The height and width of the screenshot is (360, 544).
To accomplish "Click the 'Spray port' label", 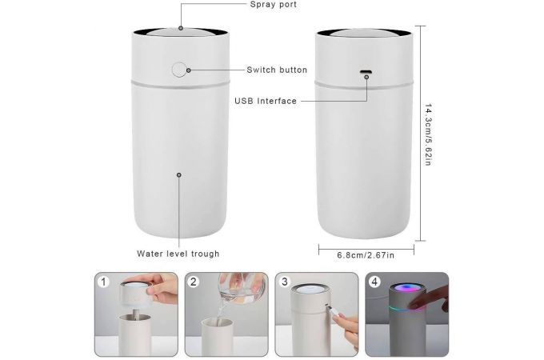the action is coord(274,5).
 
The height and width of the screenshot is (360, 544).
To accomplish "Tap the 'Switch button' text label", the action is coord(277,70).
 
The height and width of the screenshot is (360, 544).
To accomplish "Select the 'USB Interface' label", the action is coord(266,101).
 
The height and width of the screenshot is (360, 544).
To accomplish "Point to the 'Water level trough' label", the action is coord(178,254).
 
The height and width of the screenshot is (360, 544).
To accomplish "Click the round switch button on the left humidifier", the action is coord(179,70).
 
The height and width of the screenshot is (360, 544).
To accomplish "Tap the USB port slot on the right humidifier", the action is coord(366,72).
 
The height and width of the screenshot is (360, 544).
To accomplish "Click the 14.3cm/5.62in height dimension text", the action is coord(428,134).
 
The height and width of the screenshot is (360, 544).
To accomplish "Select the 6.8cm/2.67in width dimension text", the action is coord(366,255).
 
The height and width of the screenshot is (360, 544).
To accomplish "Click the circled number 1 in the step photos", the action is coord(103,282).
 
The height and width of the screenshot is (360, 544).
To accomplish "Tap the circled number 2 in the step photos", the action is coord(194,282).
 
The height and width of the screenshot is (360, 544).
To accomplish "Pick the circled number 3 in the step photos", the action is coord(285,282).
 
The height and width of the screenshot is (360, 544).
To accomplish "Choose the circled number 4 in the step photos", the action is coord(374,282).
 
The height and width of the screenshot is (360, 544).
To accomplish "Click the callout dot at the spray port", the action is coord(181,28).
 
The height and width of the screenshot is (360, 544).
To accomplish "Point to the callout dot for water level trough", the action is coord(179,174).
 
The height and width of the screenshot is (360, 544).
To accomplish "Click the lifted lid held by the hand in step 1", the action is coord(136,294).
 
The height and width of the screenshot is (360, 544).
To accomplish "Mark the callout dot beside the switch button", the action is coord(188,70).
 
